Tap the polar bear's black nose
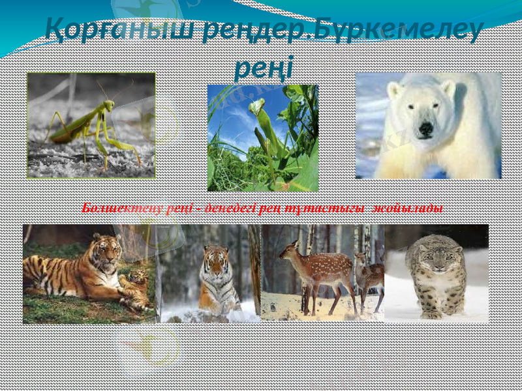coord(425,129)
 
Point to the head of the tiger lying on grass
coord(106,248)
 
